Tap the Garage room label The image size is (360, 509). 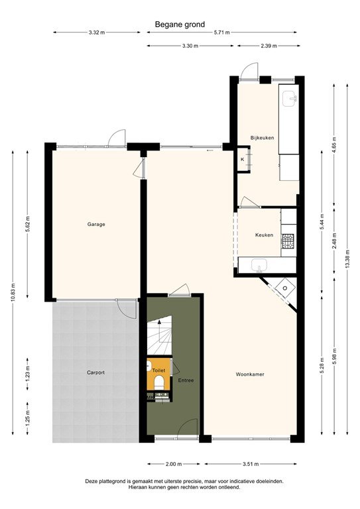pyautogui.click(x=96, y=224)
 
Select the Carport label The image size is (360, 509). pyautogui.click(x=95, y=372)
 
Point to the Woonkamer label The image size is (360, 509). pyautogui.click(x=250, y=374)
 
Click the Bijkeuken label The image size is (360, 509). pyautogui.click(x=262, y=138)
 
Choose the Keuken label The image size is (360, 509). pyautogui.click(x=265, y=235)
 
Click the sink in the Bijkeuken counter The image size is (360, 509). pyautogui.click(x=290, y=99)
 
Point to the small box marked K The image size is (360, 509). pyautogui.click(x=242, y=160)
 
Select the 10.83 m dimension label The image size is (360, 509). pyautogui.click(x=12, y=292)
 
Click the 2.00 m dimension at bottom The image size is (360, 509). pyautogui.click(x=174, y=464)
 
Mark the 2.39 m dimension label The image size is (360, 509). pyautogui.click(x=269, y=46)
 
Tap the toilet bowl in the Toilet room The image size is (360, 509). pyautogui.click(x=159, y=383)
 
